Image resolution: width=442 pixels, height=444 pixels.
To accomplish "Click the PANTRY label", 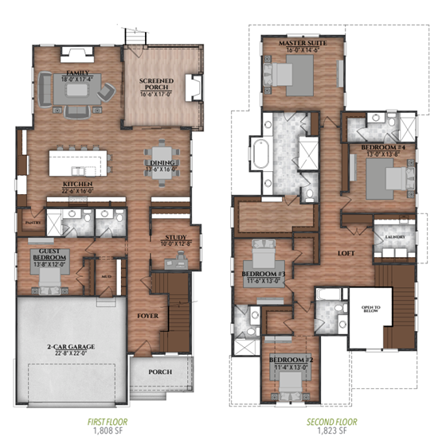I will pyautogui.click(x=33, y=223).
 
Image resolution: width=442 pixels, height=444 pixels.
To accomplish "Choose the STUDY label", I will pyautogui.click(x=176, y=238).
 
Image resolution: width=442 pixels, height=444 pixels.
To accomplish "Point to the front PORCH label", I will pyautogui.click(x=159, y=371).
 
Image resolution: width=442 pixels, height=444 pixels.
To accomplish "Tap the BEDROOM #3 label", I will pyautogui.click(x=262, y=274).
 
